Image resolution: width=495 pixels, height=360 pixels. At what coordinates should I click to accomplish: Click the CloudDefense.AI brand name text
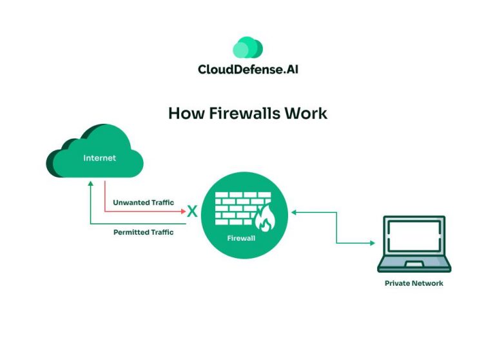pyautogui.click(x=247, y=69)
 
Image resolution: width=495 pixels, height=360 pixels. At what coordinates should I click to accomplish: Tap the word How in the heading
pyautogui.click(x=182, y=113)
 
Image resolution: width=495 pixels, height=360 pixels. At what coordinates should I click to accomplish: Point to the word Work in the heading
pyautogui.click(x=308, y=113)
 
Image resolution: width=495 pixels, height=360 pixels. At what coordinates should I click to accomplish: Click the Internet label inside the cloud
pyautogui.click(x=99, y=157)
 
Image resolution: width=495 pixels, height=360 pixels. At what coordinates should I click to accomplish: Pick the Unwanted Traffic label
pyautogui.click(x=143, y=203)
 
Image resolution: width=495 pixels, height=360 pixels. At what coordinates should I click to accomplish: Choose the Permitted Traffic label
pyautogui.click(x=143, y=232)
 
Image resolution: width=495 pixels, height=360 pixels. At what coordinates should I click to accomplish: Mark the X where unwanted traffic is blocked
pyautogui.click(x=191, y=210)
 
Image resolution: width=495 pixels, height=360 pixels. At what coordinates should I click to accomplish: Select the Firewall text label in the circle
pyautogui.click(x=242, y=238)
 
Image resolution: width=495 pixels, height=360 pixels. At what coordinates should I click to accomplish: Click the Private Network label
pyautogui.click(x=414, y=283)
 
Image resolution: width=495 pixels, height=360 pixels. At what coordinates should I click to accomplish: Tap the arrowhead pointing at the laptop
pyautogui.click(x=372, y=243)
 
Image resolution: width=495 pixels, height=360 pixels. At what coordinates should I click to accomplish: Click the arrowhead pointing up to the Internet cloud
pyautogui.click(x=91, y=184)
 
